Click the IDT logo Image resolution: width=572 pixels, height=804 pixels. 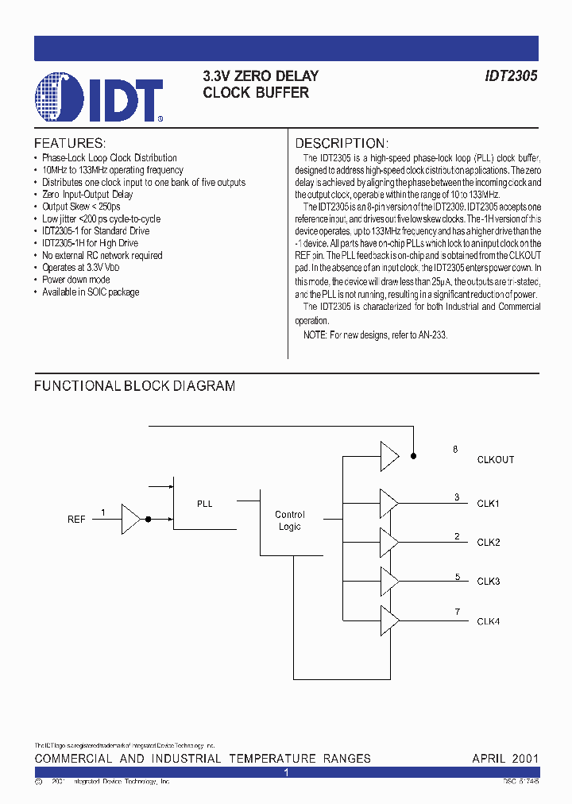(x=99, y=98)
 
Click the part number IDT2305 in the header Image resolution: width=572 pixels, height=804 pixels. (x=511, y=76)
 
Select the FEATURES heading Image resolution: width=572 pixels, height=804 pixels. (x=70, y=143)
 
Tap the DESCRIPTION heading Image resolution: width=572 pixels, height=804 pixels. (x=342, y=143)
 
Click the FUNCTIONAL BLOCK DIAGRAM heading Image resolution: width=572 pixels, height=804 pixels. (x=134, y=386)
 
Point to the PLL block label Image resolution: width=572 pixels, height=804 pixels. (x=204, y=504)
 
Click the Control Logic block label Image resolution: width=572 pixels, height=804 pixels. (x=289, y=520)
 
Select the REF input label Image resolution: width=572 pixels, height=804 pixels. (x=76, y=519)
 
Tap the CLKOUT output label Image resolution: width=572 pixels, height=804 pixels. (x=496, y=460)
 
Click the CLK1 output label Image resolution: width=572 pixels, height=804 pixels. (x=488, y=504)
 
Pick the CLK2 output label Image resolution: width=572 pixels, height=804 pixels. (x=488, y=543)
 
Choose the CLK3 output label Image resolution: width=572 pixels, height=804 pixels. (x=488, y=582)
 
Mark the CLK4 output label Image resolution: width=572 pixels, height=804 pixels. (x=488, y=621)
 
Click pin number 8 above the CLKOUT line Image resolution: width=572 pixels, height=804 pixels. (x=455, y=450)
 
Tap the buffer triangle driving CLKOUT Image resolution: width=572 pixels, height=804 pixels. (x=389, y=456)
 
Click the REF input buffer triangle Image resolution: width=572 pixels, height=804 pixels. (x=130, y=519)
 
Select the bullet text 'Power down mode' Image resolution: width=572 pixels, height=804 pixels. (x=76, y=280)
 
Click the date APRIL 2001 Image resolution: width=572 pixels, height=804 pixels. (x=505, y=759)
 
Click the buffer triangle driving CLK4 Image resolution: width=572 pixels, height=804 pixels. (x=389, y=620)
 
